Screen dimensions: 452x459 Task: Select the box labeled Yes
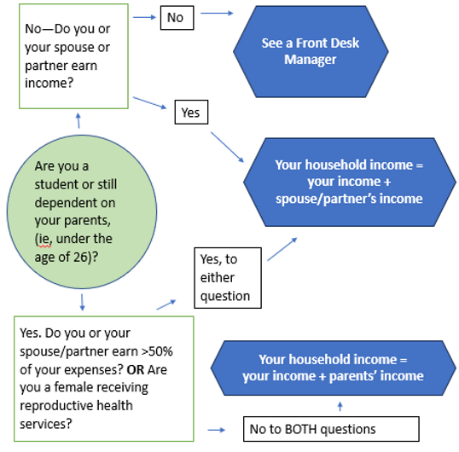pos(190,112)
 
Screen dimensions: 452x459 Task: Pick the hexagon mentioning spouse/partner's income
pos(348,181)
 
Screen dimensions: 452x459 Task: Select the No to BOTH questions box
pos(331,427)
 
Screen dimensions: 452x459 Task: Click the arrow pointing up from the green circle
pos(78,122)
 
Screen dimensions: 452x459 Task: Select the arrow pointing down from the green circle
pos(81,301)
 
